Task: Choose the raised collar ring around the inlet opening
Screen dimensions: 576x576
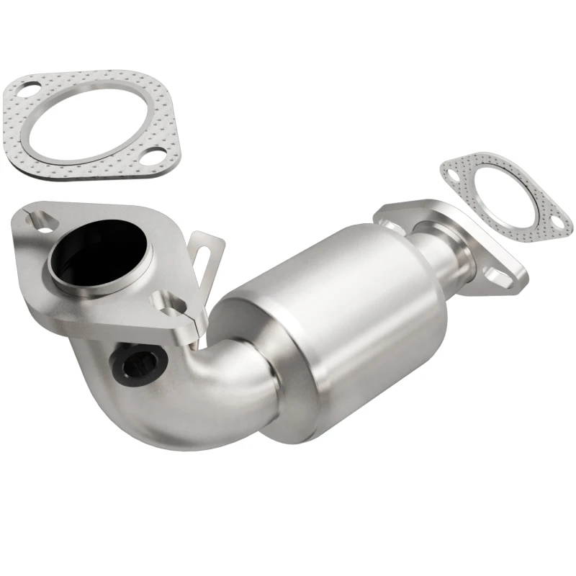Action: pyautogui.click(x=101, y=281)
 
